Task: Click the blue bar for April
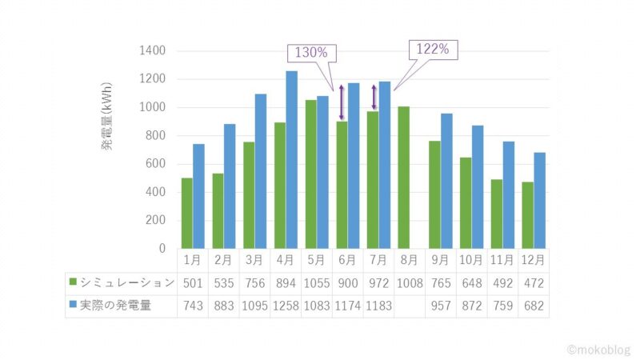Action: pyautogui.click(x=291, y=160)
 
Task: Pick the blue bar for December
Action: pyautogui.click(x=539, y=200)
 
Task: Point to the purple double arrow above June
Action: pyautogui.click(x=342, y=102)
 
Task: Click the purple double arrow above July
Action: pyautogui.click(x=374, y=98)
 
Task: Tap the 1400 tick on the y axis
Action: pyautogui.click(x=152, y=50)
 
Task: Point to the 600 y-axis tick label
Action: pyautogui.click(x=155, y=164)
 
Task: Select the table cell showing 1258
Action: pyautogui.click(x=285, y=304)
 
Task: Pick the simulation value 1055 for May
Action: pyautogui.click(x=316, y=282)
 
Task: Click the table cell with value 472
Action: pyautogui.click(x=533, y=282)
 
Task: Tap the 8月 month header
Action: pyautogui.click(x=409, y=260)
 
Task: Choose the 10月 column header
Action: pyautogui.click(x=471, y=260)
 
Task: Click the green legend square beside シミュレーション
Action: pyautogui.click(x=74, y=282)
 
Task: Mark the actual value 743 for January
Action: pyautogui.click(x=192, y=304)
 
